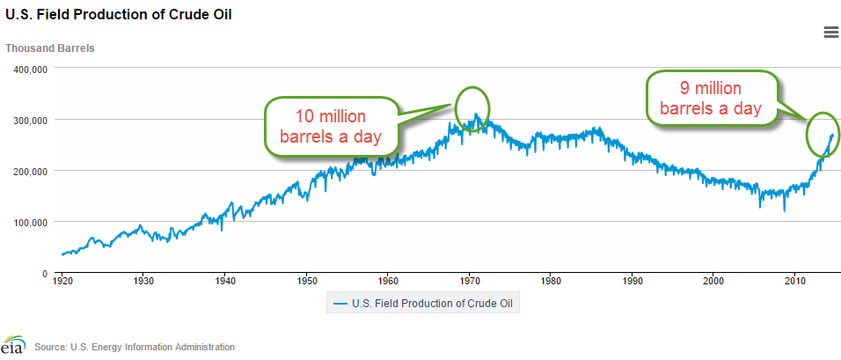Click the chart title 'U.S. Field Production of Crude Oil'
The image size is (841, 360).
[120, 16]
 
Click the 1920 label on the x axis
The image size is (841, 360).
[62, 282]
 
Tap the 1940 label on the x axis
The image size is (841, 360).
[225, 282]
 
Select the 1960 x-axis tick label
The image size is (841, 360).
[388, 282]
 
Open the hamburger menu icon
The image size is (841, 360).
[830, 33]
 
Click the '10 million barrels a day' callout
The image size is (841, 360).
[331, 127]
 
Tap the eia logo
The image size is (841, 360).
[13, 345]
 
